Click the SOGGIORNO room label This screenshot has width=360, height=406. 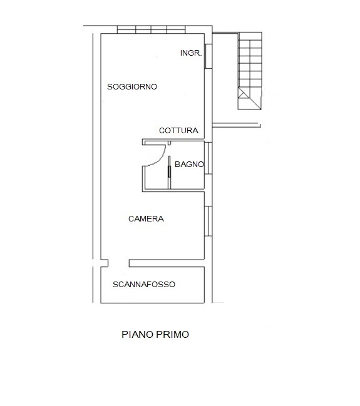pyautogui.click(x=132, y=86)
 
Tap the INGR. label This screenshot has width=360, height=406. pyautogui.click(x=191, y=53)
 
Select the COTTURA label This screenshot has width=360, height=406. pyautogui.click(x=178, y=131)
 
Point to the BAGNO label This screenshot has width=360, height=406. pyautogui.click(x=190, y=164)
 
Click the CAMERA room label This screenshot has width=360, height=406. pyautogui.click(x=146, y=219)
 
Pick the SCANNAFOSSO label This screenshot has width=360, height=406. pyautogui.click(x=144, y=284)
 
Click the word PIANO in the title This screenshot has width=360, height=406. pyautogui.click(x=138, y=334)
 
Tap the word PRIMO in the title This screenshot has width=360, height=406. pyautogui.click(x=172, y=334)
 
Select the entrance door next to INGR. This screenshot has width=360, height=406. pyautogui.click(x=208, y=56)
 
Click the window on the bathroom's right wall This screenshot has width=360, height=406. pyautogui.click(x=208, y=158)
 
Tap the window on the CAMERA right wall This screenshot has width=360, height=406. pyautogui.click(x=208, y=221)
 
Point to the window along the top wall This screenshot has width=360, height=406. pyautogui.click(x=151, y=29)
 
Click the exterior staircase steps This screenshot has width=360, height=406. pyautogui.click(x=250, y=71)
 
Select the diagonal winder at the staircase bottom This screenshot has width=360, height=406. pyautogui.click(x=249, y=99)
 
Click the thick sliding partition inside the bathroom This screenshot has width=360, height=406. pyautogui.click(x=170, y=171)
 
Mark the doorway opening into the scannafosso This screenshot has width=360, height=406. pyautogui.click(x=118, y=263)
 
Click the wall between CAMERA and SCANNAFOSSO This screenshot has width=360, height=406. pyautogui.click(x=167, y=263)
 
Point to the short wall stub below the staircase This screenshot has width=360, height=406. pyautogui.click(x=236, y=125)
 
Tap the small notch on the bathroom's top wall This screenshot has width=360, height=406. pyautogui.click(x=169, y=143)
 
